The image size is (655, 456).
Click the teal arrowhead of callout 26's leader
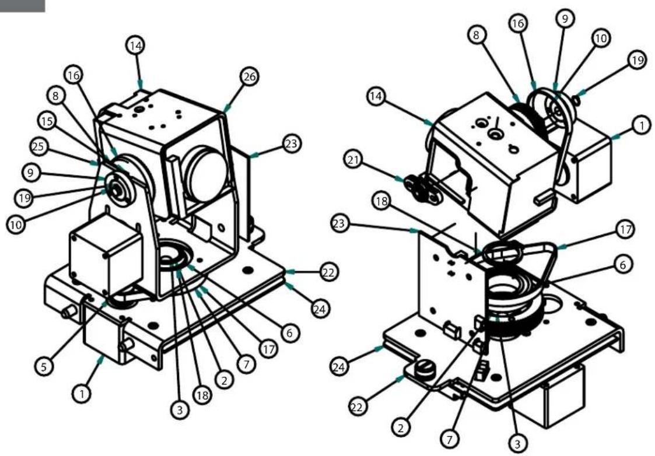coord(226,109)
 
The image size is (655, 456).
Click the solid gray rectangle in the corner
coord(22,6)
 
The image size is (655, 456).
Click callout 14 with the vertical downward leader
coord(136,47)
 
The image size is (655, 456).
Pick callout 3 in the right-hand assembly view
coord(516,442)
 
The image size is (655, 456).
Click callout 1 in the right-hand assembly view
coord(640,125)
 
